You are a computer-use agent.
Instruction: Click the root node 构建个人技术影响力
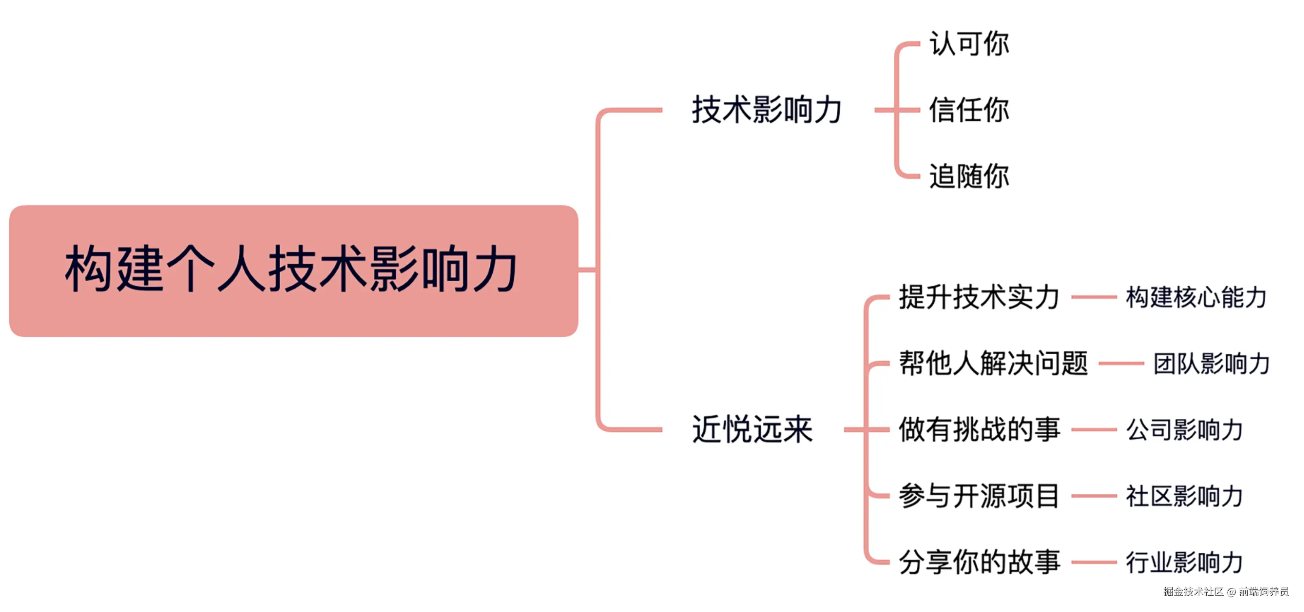293,270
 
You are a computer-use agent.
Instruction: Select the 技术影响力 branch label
767,110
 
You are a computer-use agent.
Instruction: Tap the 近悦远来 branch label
752,429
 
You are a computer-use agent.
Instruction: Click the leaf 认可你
969,43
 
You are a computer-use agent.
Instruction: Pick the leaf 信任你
969,110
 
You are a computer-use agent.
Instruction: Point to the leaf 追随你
969,176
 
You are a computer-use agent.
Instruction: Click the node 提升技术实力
979,297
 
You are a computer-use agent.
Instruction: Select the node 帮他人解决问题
993,363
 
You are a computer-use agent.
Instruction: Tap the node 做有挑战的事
979,429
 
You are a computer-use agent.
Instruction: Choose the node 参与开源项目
979,496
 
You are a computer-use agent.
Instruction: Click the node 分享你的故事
979,562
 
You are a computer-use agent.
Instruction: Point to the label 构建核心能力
1196,297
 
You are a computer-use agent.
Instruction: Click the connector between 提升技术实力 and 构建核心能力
1094,297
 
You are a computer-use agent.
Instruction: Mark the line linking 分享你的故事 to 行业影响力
1094,562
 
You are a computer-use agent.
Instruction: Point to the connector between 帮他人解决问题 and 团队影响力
1121,363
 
